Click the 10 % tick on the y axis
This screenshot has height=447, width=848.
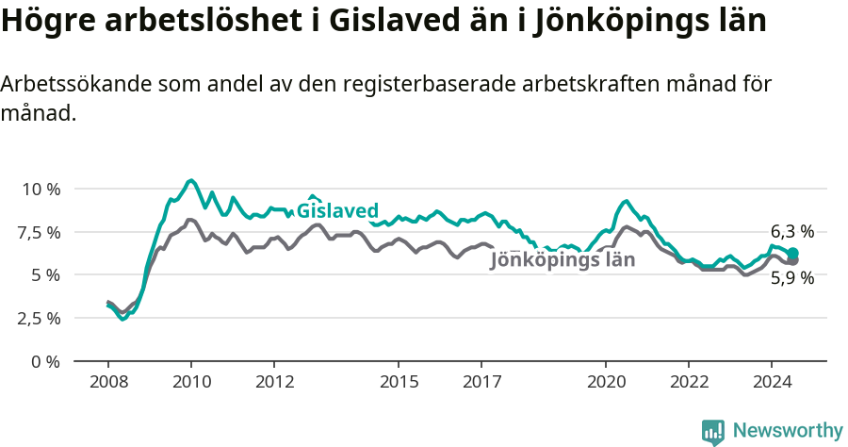pyautogui.click(x=41, y=189)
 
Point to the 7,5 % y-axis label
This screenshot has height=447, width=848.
pyautogui.click(x=41, y=232)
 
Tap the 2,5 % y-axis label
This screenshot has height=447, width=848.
pyautogui.click(x=41, y=318)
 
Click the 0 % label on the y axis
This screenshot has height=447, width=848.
pyautogui.click(x=45, y=361)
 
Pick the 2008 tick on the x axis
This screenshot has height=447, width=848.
pyautogui.click(x=108, y=382)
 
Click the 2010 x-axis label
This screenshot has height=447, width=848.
pyautogui.click(x=191, y=382)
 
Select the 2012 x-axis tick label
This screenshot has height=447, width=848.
pyautogui.click(x=274, y=382)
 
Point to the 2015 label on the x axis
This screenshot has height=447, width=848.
pyautogui.click(x=399, y=382)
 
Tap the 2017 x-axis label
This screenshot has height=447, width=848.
pyautogui.click(x=481, y=382)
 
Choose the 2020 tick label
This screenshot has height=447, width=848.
pyautogui.click(x=606, y=382)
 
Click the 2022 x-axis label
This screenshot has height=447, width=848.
pyautogui.click(x=689, y=382)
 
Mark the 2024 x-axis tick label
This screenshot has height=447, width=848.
pyautogui.click(x=772, y=382)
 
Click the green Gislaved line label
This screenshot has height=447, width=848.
pyautogui.click(x=337, y=210)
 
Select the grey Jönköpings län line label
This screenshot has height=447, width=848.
pyautogui.click(x=563, y=260)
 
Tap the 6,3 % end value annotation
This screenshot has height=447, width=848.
pyautogui.click(x=792, y=231)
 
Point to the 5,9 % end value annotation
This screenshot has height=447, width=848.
pyautogui.click(x=792, y=278)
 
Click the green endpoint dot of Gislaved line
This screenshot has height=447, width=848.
pyautogui.click(x=793, y=253)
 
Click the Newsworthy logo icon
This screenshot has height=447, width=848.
pyautogui.click(x=713, y=432)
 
